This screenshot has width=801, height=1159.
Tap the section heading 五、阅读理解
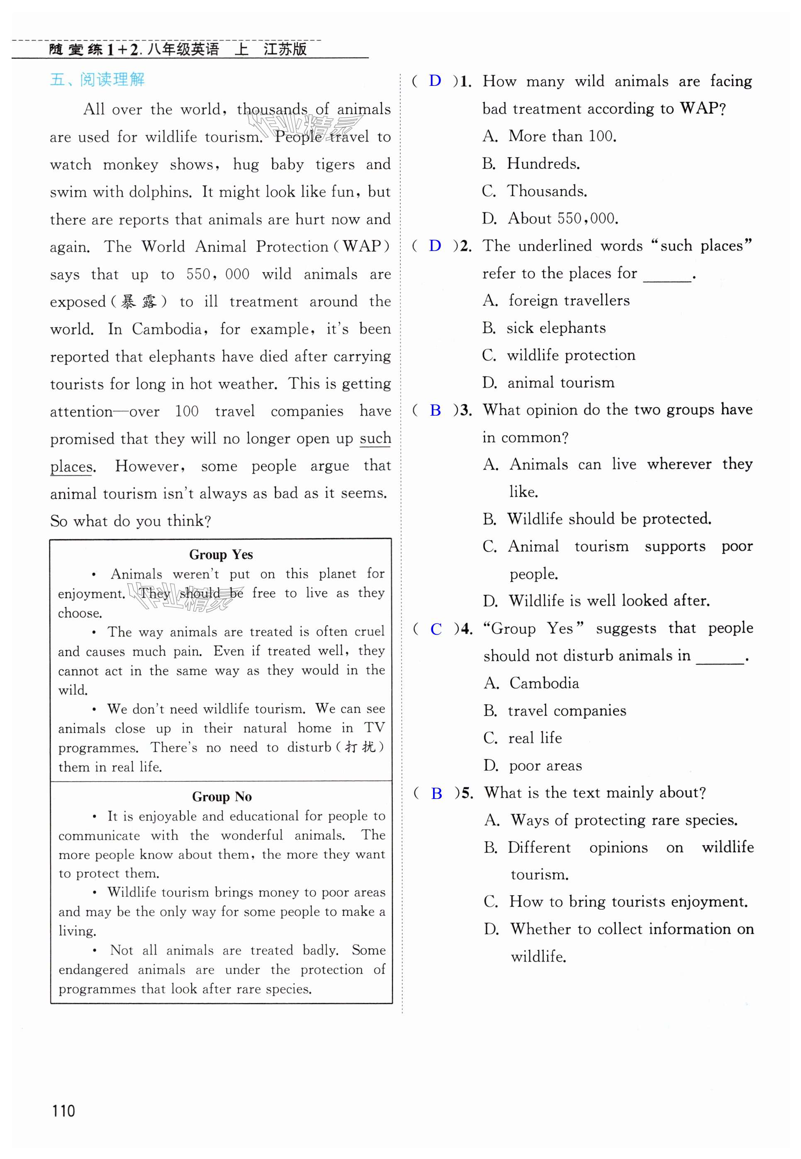pyautogui.click(x=97, y=79)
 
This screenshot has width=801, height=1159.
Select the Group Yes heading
pyautogui.click(x=221, y=555)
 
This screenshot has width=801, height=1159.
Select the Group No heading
pyautogui.click(x=222, y=797)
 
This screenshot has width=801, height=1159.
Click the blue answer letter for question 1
pyautogui.click(x=435, y=81)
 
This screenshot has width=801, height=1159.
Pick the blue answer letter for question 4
pyautogui.click(x=436, y=629)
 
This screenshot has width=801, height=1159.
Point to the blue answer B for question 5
pyautogui.click(x=436, y=793)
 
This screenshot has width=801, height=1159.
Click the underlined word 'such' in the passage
pyautogui.click(x=375, y=438)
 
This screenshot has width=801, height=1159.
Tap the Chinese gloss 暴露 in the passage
pyautogui.click(x=139, y=302)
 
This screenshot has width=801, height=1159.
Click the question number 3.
pyautogui.click(x=465, y=410)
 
